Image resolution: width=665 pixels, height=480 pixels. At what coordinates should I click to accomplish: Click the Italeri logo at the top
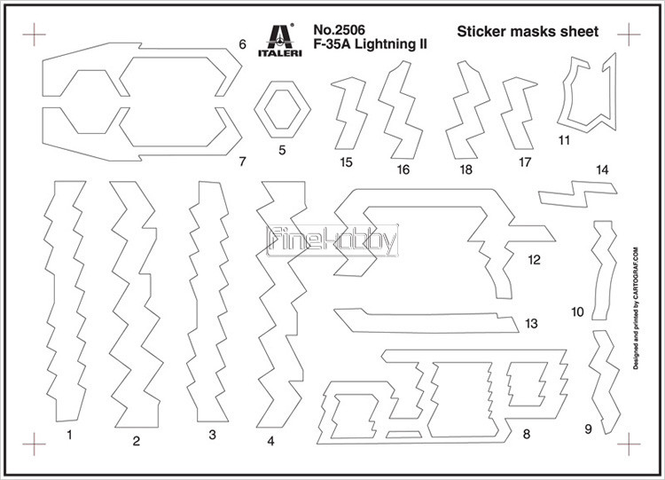coord(280,39)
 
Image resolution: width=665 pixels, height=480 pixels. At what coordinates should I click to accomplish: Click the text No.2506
coord(339,29)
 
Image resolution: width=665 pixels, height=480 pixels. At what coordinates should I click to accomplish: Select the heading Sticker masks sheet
coord(528,31)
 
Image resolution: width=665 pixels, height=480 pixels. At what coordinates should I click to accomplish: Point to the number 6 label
coord(242,44)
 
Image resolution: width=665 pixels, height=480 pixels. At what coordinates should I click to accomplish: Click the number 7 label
coord(242,161)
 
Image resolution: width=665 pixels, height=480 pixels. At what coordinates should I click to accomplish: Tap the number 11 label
coord(564,140)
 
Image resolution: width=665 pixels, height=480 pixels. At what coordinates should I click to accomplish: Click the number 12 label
coord(535,260)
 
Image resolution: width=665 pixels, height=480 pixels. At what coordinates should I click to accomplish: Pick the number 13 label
coord(531,323)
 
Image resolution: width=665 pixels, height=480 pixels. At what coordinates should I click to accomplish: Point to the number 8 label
coord(527,434)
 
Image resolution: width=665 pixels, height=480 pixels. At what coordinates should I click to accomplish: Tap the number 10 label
coord(577,312)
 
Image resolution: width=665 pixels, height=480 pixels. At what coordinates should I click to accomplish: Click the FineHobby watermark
coord(332,240)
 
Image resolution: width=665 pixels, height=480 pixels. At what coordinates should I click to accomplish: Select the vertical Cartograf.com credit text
coord(636,309)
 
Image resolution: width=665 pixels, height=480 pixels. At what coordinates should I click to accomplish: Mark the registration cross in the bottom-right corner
coord(629,444)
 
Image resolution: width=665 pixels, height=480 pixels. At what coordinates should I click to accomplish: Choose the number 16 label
coord(403,169)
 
